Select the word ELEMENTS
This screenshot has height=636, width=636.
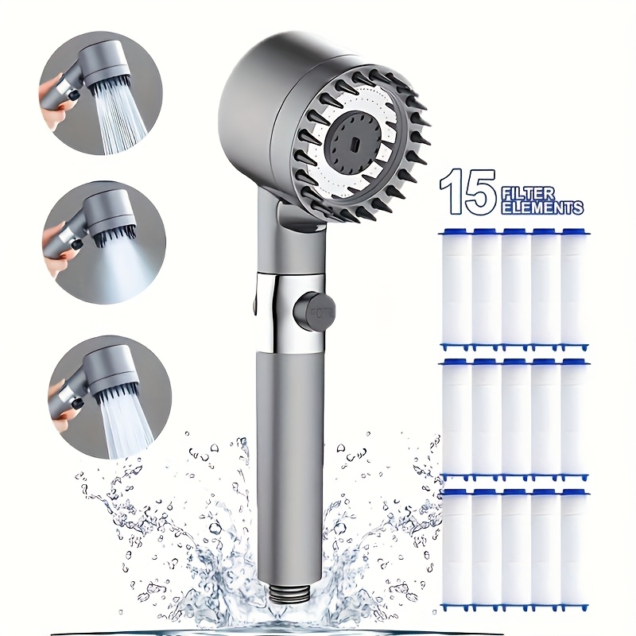coord(542,208)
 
